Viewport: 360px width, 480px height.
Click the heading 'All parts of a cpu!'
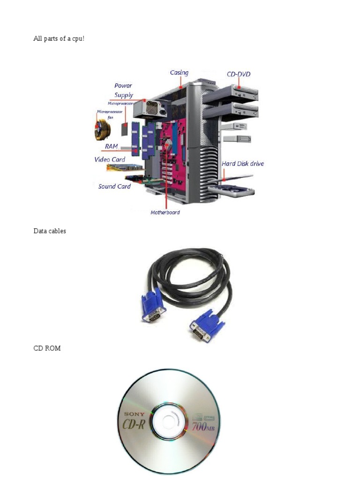pos(59,39)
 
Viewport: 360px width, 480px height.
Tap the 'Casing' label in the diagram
pos(179,73)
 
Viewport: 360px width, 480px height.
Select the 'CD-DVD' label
pos(239,74)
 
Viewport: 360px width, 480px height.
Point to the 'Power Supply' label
pos(123,90)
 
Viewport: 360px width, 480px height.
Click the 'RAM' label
pos(112,147)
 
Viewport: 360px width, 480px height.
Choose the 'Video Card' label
pos(110,160)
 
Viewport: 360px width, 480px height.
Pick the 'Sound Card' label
pos(114,187)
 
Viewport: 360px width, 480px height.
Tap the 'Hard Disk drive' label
pos(242,164)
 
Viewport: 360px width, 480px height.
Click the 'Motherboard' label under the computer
pos(165,212)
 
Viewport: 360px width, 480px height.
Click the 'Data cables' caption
pos(50,231)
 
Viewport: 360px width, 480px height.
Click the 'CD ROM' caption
pos(47,348)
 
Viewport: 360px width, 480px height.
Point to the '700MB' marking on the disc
pos(204,427)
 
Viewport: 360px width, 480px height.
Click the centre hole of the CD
pos(168,421)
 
